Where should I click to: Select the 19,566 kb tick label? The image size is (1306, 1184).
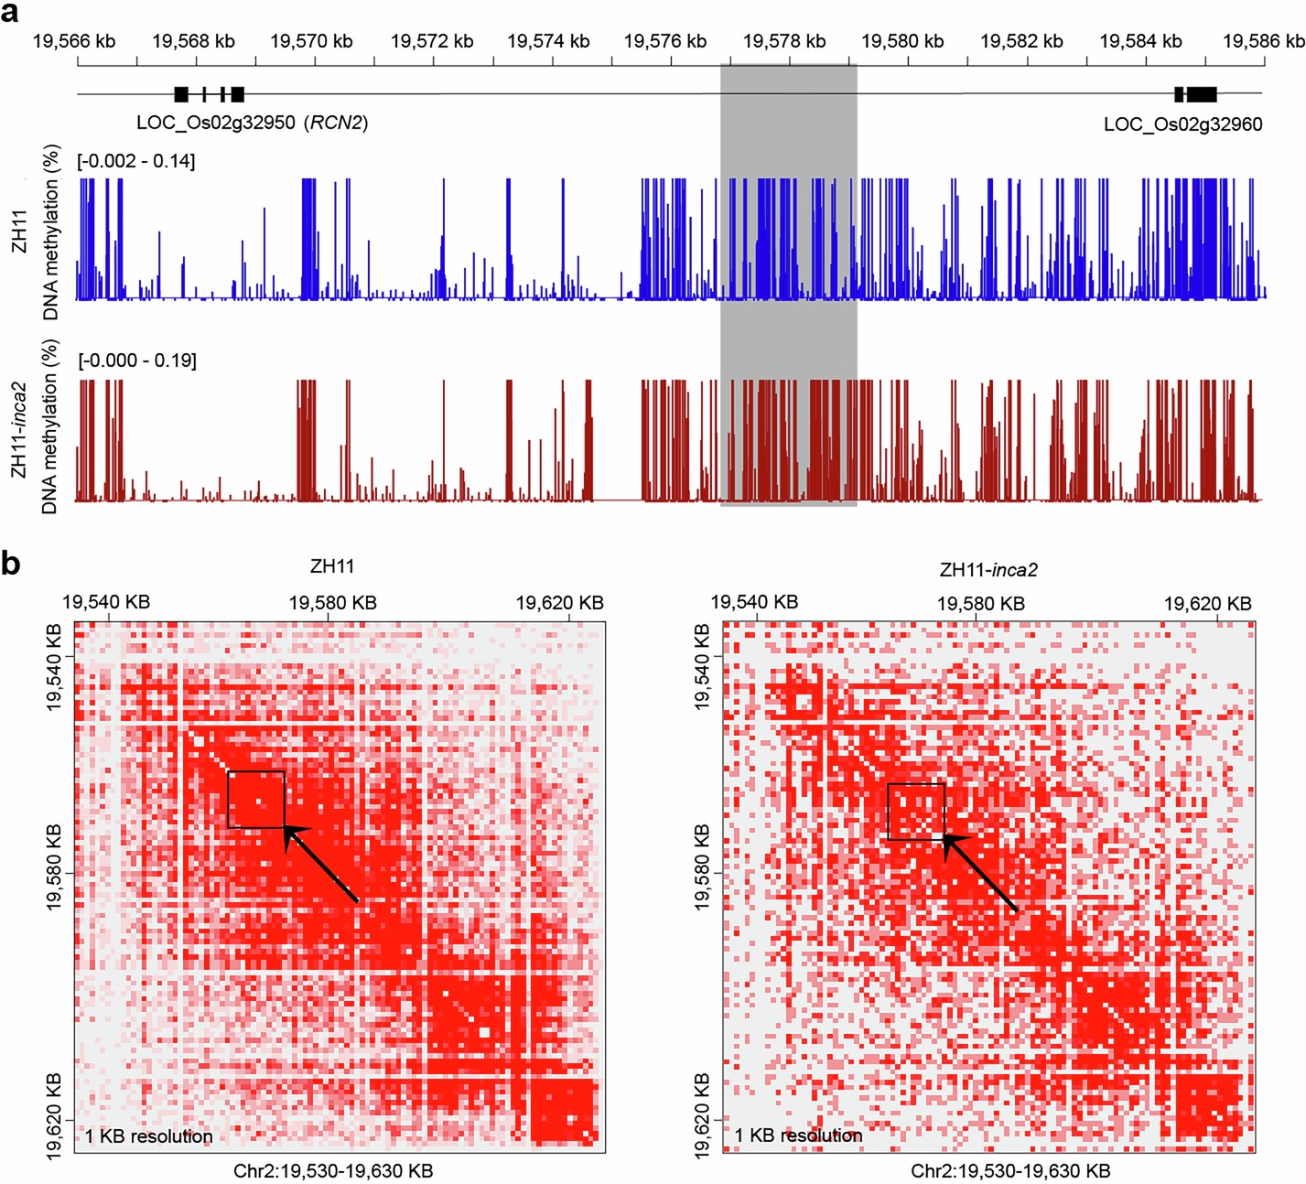pyautogui.click(x=74, y=41)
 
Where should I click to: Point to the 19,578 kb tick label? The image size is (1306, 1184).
pyautogui.click(x=783, y=41)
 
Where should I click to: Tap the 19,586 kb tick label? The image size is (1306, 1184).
pyautogui.click(x=1263, y=41)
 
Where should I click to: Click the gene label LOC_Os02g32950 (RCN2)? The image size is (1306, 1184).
pyautogui.click(x=252, y=123)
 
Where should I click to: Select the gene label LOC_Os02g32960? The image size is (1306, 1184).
pyautogui.click(x=1182, y=124)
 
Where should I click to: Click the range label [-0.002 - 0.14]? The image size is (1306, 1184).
pyautogui.click(x=136, y=161)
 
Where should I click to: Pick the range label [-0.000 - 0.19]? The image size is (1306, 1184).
pyautogui.click(x=137, y=361)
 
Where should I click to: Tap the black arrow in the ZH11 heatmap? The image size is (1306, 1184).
pyautogui.click(x=320, y=865)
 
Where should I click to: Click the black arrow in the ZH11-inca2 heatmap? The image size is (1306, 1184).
pyautogui.click(x=979, y=873)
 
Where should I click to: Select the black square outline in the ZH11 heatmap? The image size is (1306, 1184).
pyautogui.click(x=256, y=800)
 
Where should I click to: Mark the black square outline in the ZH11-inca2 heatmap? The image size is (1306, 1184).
pyautogui.click(x=916, y=812)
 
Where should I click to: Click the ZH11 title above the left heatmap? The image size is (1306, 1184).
pyautogui.click(x=332, y=566)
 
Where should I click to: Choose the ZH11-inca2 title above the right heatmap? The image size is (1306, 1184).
pyautogui.click(x=988, y=570)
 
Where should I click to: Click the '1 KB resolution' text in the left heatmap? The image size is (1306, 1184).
pyautogui.click(x=149, y=1136)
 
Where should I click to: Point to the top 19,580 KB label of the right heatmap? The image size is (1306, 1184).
pyautogui.click(x=980, y=603)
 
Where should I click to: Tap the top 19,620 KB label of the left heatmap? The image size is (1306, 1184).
pyautogui.click(x=559, y=603)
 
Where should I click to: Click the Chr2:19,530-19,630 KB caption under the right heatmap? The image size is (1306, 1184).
pyautogui.click(x=1010, y=1171)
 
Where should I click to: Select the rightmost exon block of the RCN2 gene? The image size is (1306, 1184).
pyautogui.click(x=238, y=93)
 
